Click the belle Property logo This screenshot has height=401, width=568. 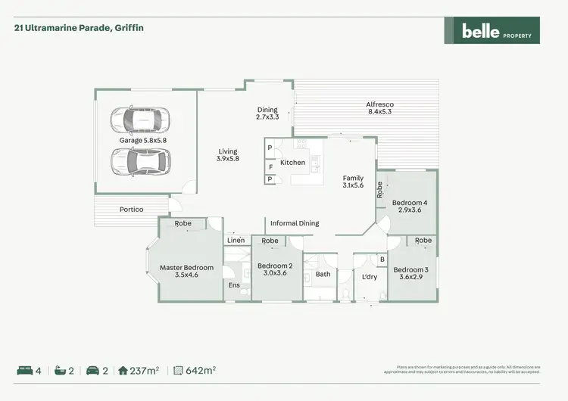(x=492, y=30)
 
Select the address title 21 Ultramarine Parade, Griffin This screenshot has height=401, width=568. (x=79, y=28)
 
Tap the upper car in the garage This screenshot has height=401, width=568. (x=140, y=120)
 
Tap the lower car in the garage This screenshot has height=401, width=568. (x=140, y=160)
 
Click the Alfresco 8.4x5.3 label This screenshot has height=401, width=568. (x=379, y=108)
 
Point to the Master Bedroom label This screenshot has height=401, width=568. (x=186, y=272)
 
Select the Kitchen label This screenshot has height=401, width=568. (x=293, y=163)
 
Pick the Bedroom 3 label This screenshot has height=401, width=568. (x=410, y=274)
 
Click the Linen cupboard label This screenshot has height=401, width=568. (x=236, y=241)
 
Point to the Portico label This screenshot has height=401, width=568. (x=132, y=210)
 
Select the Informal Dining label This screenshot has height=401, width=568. (x=295, y=223)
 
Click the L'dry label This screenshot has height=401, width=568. (x=370, y=277)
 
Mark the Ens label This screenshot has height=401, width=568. (x=234, y=285)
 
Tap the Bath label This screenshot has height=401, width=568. (x=323, y=274)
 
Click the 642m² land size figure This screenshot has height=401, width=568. (x=201, y=371)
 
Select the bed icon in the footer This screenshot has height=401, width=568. (x=24, y=371)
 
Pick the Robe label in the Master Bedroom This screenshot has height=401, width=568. (x=183, y=224)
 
